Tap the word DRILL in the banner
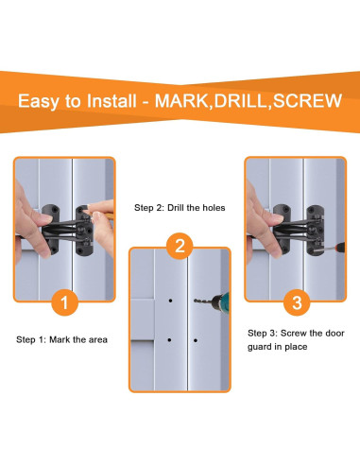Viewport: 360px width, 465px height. [240, 101]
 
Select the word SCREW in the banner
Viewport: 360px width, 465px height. [307, 101]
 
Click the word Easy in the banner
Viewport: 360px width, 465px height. [39, 101]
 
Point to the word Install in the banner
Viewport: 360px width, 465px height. [111, 101]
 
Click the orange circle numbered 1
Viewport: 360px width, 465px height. [64, 302]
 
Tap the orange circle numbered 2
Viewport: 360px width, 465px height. [180, 246]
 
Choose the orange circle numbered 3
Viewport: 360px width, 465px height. [297, 302]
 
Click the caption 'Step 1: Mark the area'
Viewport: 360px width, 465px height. [61, 339]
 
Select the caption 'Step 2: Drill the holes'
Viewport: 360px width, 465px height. [180, 208]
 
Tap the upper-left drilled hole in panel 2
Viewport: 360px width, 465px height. [170, 301]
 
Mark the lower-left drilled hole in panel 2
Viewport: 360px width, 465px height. [169, 340]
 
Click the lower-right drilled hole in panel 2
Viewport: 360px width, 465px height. [196, 340]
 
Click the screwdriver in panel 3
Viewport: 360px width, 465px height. [332, 248]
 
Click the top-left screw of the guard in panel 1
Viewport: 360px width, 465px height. [55, 209]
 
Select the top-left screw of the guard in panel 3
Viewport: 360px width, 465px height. [286, 209]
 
